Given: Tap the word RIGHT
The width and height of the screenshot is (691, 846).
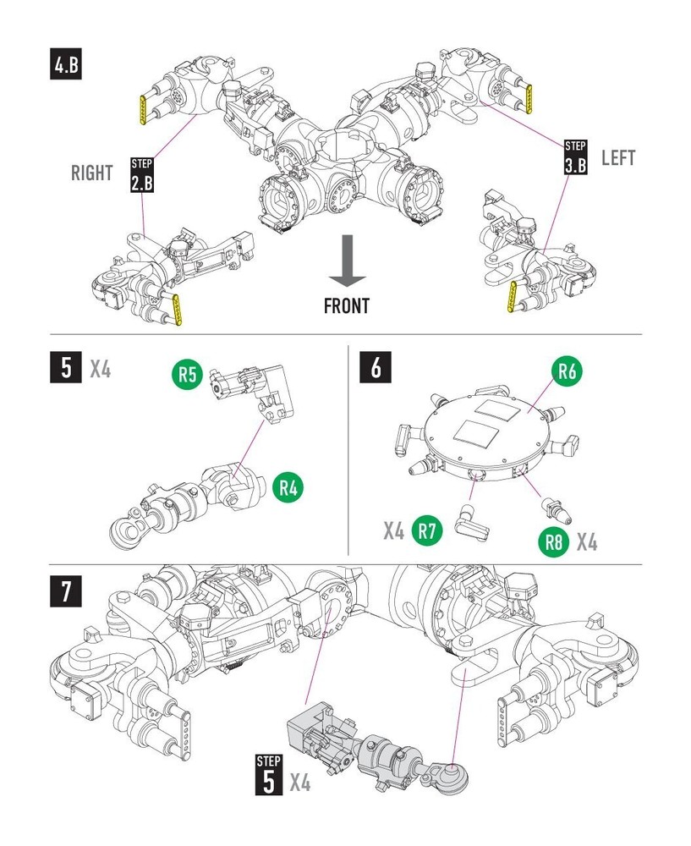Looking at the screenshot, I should [x=92, y=173].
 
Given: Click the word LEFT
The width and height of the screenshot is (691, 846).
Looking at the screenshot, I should [x=617, y=157].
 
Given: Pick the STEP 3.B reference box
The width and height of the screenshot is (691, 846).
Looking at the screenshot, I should [x=575, y=157].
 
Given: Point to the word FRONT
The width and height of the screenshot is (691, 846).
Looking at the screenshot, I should [x=346, y=305].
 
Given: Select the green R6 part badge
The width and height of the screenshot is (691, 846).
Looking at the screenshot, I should [x=568, y=371].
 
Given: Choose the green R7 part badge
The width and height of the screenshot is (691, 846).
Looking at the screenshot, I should [x=427, y=531].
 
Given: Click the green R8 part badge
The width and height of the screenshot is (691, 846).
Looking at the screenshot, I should [x=553, y=541].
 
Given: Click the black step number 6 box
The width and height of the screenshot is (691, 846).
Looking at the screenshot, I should [x=376, y=368].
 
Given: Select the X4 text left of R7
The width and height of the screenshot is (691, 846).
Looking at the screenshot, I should [x=393, y=531].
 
